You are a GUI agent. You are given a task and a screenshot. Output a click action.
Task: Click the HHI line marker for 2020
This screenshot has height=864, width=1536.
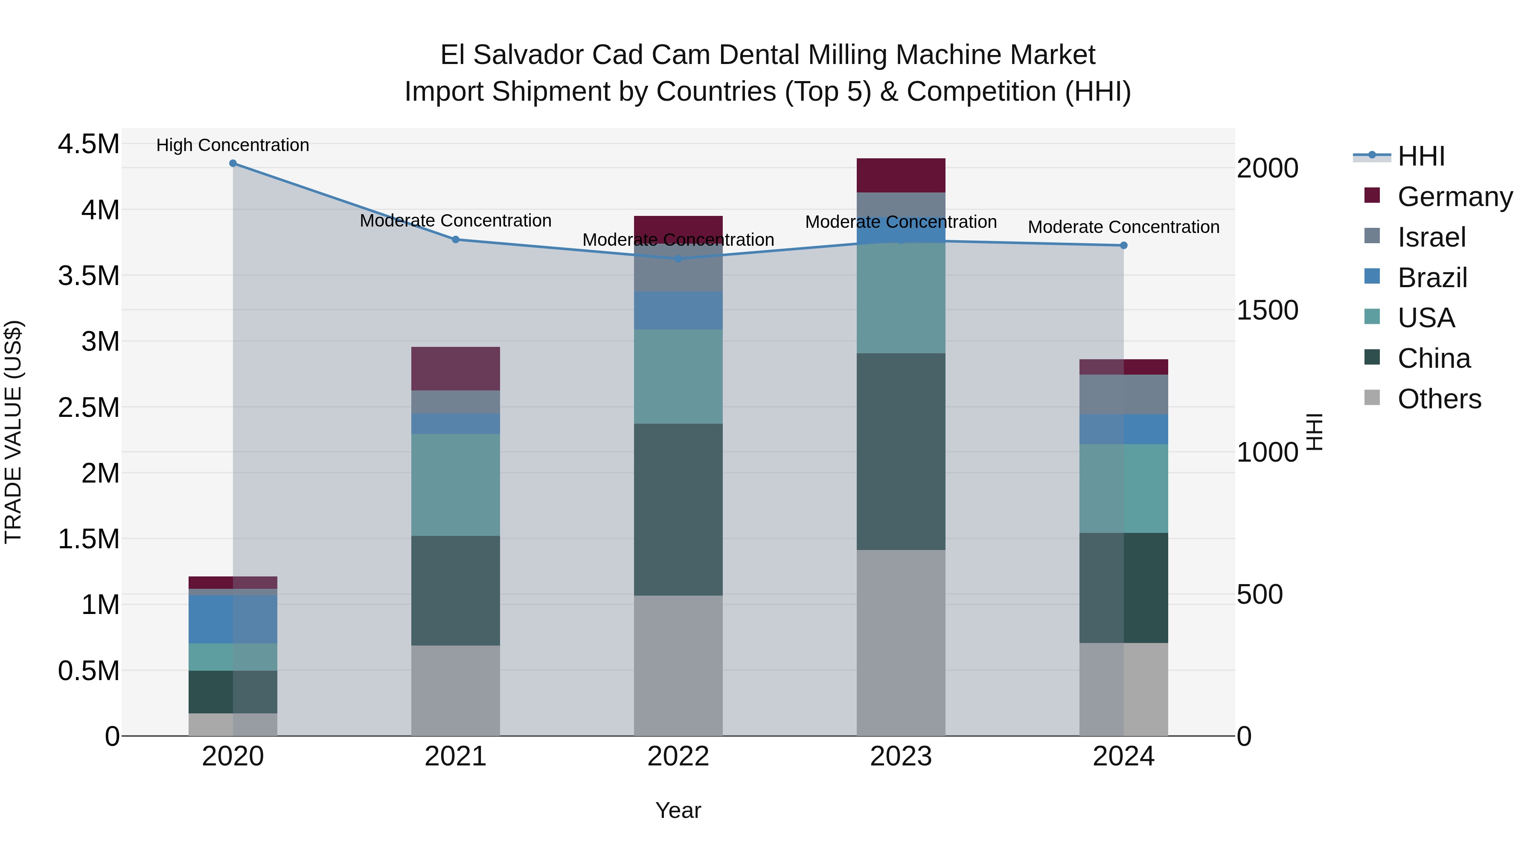(x=233, y=163)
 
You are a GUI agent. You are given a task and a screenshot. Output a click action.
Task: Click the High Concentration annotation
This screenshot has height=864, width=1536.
(x=233, y=145)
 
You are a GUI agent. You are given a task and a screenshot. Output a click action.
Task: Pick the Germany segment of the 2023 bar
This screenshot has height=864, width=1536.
(x=901, y=175)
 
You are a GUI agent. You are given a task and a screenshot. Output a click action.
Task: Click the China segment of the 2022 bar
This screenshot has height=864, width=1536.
(x=678, y=510)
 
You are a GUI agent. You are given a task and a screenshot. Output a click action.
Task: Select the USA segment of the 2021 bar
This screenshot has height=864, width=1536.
(x=456, y=485)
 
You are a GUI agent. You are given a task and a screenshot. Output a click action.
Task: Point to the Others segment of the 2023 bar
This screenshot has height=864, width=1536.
(x=901, y=643)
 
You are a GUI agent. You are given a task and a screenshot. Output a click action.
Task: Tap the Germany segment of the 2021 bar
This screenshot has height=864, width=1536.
(x=456, y=369)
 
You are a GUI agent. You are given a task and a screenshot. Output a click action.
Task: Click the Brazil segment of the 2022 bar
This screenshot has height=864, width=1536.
(x=678, y=311)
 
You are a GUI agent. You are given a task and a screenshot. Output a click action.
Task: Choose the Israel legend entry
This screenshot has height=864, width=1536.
(x=1431, y=237)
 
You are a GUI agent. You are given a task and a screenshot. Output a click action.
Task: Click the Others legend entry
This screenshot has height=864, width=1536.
(x=1439, y=399)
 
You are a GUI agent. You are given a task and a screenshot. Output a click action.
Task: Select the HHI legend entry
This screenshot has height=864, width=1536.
(x=1421, y=156)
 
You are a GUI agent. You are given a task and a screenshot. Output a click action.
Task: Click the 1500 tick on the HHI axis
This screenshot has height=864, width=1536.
(x=1267, y=310)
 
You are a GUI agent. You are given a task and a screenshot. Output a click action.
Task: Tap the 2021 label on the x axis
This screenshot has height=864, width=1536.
(x=456, y=756)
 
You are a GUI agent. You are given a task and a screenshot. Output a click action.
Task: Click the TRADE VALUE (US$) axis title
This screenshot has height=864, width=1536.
(x=13, y=432)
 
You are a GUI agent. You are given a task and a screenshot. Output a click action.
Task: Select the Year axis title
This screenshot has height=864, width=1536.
(x=678, y=810)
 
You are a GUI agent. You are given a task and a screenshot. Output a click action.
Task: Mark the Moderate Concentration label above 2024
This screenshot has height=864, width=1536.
(x=1123, y=227)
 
